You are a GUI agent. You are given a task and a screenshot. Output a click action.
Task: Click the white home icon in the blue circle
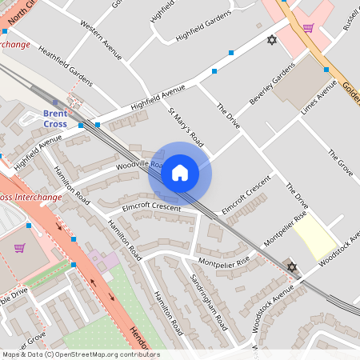(x=180, y=173)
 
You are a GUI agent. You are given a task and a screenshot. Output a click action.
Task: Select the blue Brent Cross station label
(x=56, y=119)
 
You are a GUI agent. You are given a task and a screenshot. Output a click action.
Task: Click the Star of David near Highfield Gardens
(x=270, y=40)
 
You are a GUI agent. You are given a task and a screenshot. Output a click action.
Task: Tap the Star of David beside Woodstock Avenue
(x=292, y=266)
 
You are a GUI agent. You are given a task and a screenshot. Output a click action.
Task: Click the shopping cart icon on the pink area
(x=308, y=28)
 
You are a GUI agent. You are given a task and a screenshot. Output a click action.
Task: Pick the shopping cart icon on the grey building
(x=19, y=247)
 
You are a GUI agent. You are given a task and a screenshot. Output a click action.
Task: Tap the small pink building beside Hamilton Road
(x=98, y=260)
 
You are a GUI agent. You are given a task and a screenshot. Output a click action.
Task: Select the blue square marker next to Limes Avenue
(x=326, y=70)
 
